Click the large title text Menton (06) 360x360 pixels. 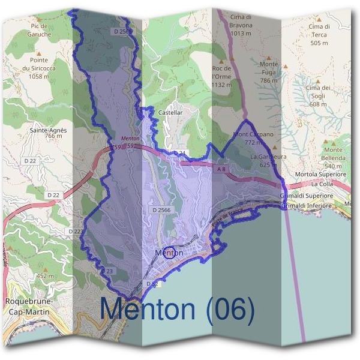177,309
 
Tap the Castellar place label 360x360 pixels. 170,112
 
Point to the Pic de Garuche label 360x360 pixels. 40,31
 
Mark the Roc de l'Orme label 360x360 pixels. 221,77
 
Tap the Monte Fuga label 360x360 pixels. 269,72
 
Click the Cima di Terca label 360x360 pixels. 319,34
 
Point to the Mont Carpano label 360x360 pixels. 253,138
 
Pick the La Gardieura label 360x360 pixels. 264,160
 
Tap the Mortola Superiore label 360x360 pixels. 322,175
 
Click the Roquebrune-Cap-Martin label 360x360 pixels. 29,306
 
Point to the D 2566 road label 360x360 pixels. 161,210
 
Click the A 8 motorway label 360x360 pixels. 221,170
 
